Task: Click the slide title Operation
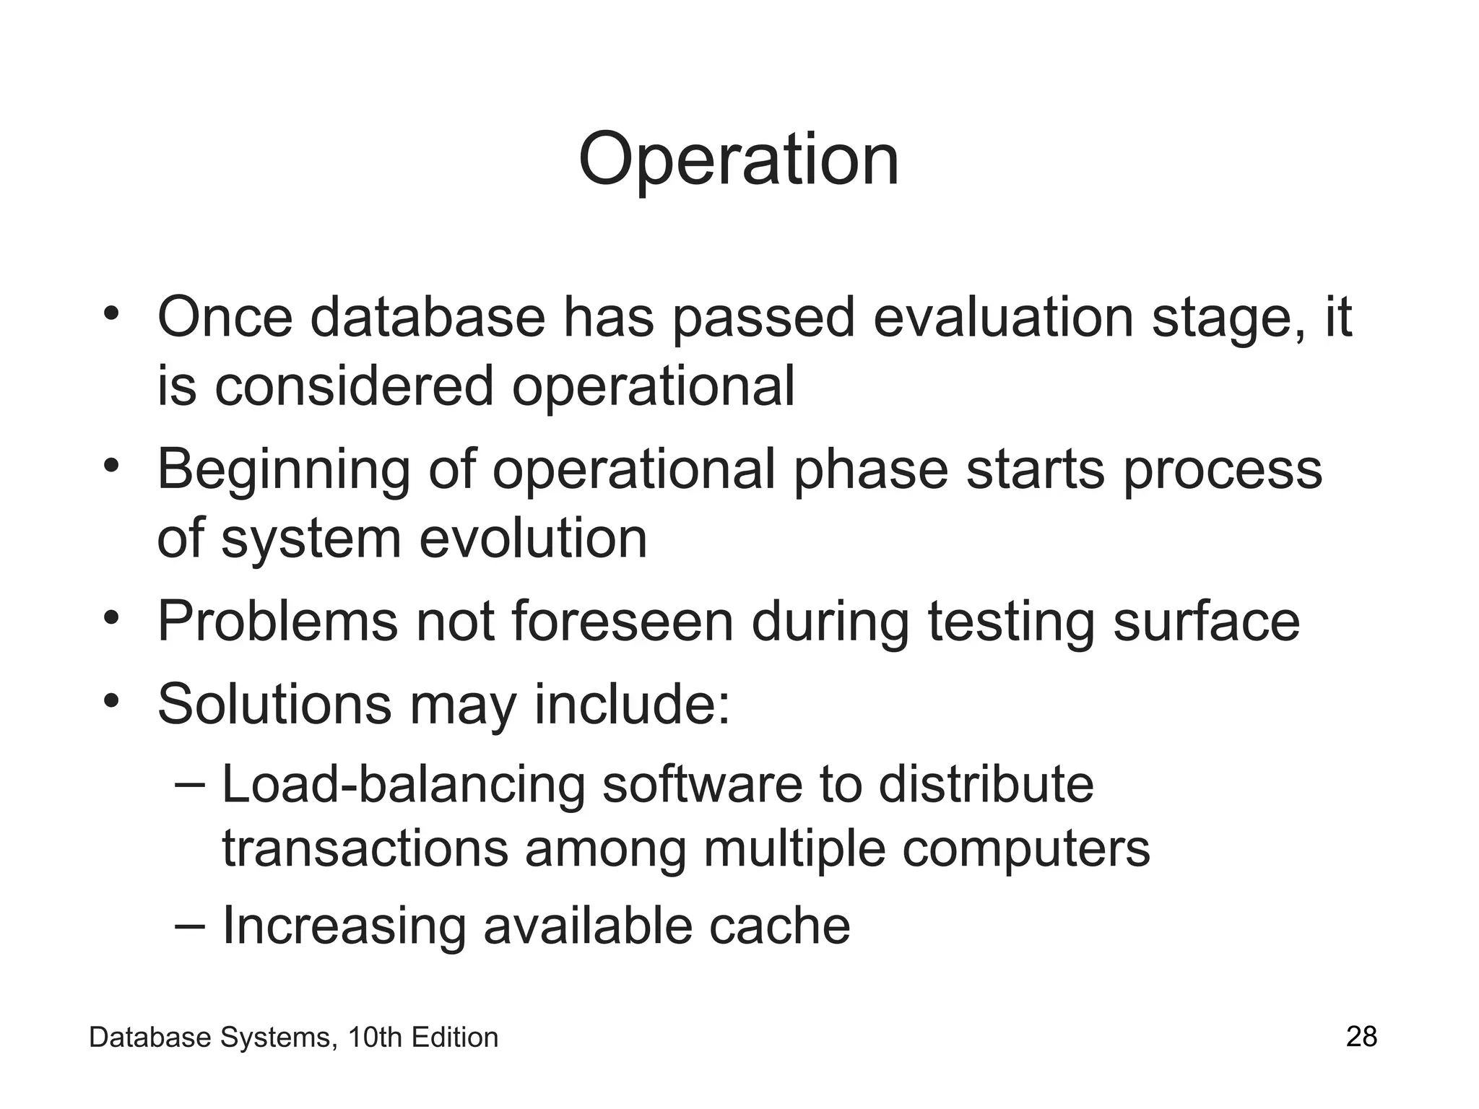coord(738,160)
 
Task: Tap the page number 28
coord(1361,1037)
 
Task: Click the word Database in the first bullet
coord(428,318)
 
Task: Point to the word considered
coord(353,386)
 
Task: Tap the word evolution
coord(533,539)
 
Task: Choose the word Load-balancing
coord(403,786)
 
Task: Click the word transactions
coord(365,849)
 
